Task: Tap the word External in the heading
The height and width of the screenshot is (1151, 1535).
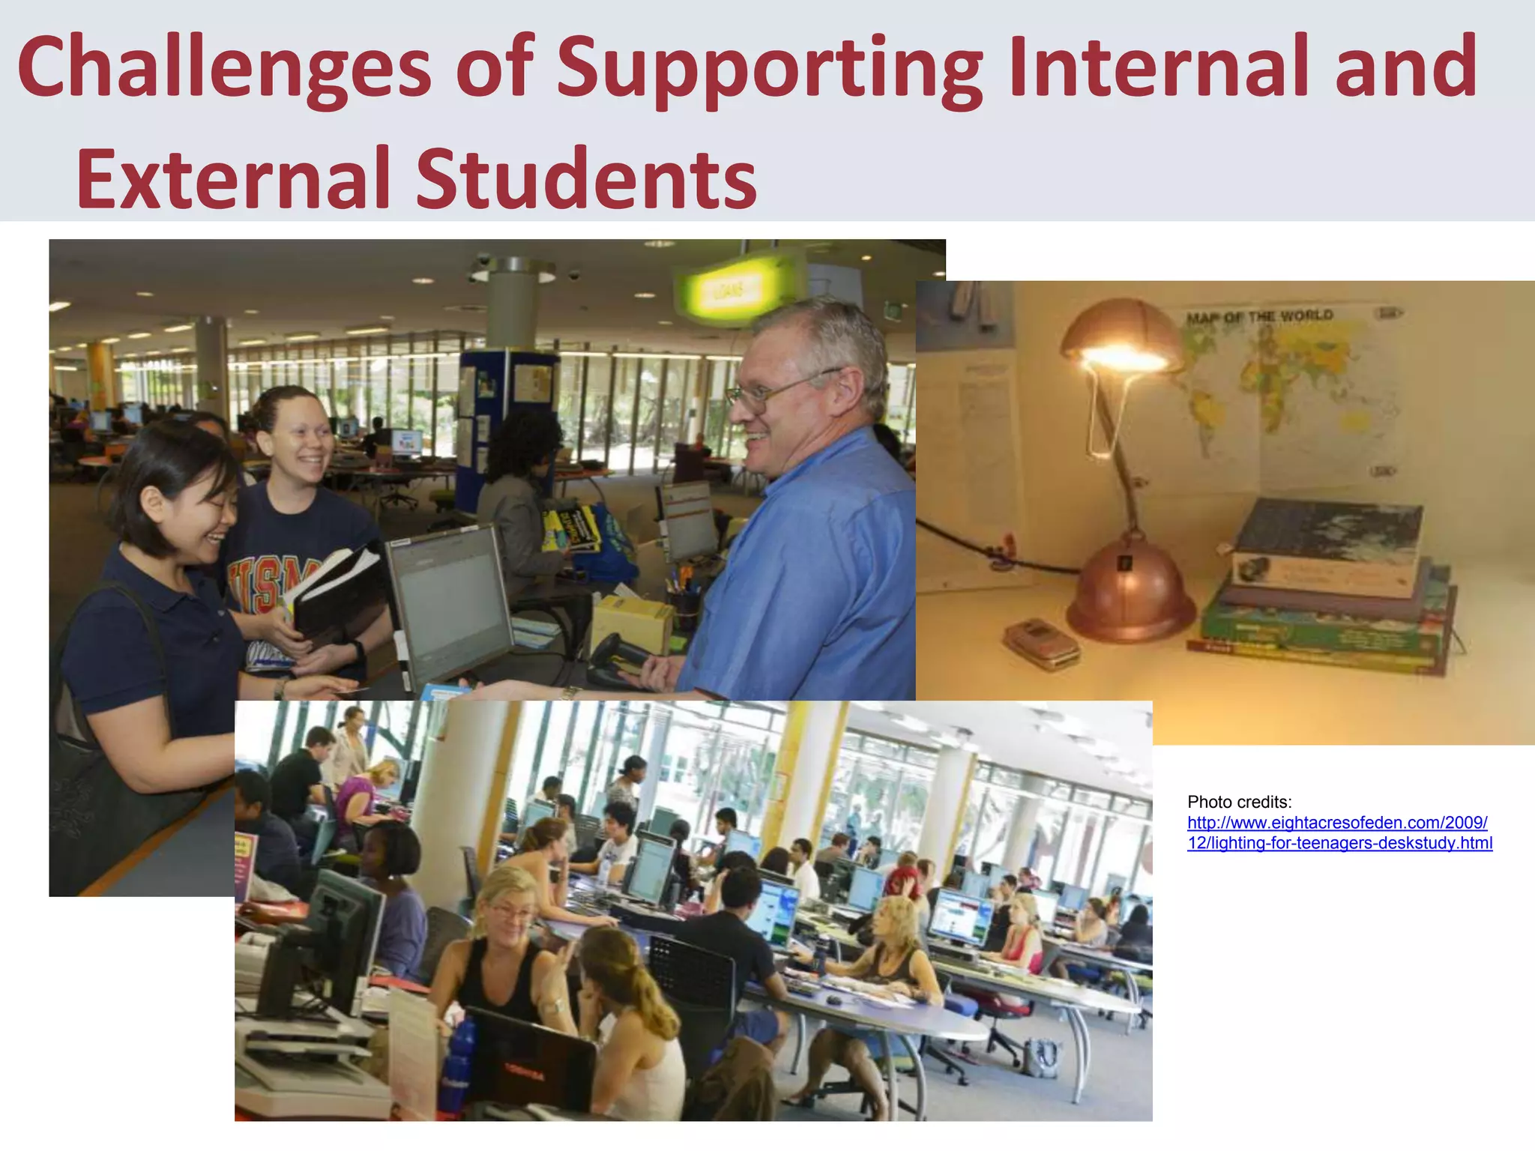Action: pyautogui.click(x=233, y=180)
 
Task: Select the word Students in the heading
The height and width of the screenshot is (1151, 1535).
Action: pyautogui.click(x=586, y=180)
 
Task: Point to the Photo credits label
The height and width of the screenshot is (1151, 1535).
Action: pyautogui.click(x=1240, y=802)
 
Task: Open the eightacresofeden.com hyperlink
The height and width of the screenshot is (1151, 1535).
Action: pyautogui.click(x=1339, y=833)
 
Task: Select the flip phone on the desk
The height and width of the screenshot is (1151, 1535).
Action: pyautogui.click(x=1042, y=642)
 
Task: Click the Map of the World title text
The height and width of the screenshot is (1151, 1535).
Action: pyautogui.click(x=1259, y=316)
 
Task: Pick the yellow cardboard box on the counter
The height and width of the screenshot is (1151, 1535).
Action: pyautogui.click(x=630, y=622)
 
